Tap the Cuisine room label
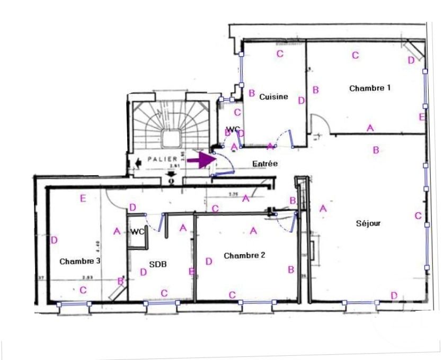[x=273, y=97]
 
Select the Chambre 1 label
[x=370, y=88]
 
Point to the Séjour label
[x=368, y=223]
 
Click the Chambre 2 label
[x=244, y=255]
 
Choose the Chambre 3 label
[x=80, y=261]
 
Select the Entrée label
[x=265, y=164]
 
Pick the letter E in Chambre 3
[x=83, y=199]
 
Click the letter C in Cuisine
[x=280, y=53]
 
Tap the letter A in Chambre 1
[x=370, y=128]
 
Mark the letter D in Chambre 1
[x=411, y=60]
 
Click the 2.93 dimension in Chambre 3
[x=87, y=277]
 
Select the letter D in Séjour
[x=394, y=295]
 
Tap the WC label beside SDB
[x=138, y=231]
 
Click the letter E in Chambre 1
[x=422, y=117]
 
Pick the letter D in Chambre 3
[x=54, y=240]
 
